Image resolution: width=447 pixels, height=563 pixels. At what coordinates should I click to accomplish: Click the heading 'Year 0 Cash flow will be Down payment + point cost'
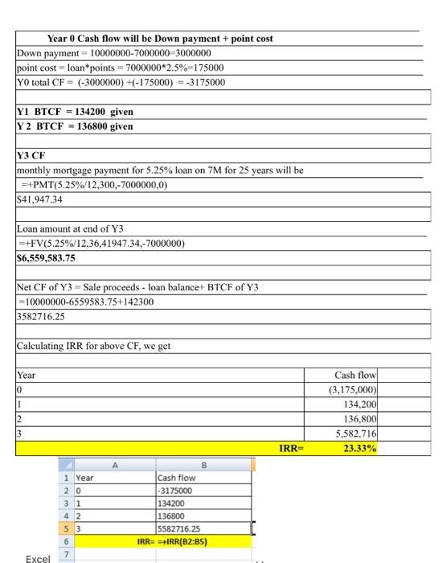[x=160, y=38]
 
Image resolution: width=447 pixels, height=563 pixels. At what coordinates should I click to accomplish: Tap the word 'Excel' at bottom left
[x=39, y=557]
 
